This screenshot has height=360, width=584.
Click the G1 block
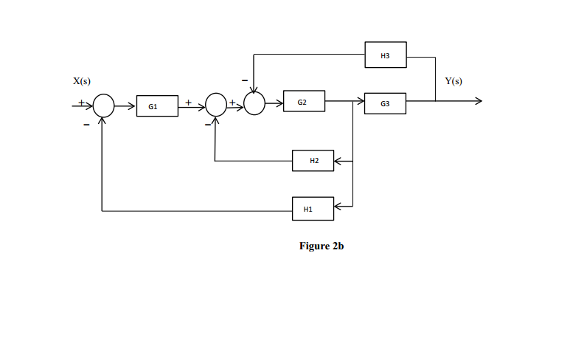[156, 106]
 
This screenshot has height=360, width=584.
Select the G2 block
[304, 101]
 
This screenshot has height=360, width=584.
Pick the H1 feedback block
[313, 209]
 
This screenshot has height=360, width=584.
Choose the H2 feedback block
[313, 161]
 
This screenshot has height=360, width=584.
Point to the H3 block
[385, 55]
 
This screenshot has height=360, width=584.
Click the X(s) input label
[82, 80]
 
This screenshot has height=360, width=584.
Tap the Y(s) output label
[454, 80]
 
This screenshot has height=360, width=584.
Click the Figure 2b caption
[321, 246]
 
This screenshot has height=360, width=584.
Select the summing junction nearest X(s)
[104, 106]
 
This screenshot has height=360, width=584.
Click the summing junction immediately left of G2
[254, 105]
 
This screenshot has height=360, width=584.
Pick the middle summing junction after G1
[215, 105]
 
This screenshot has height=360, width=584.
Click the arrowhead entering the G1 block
[133, 106]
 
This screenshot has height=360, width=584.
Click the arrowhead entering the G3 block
[361, 101]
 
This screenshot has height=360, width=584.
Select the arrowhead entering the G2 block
[279, 102]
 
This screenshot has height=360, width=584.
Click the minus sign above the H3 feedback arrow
[244, 78]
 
